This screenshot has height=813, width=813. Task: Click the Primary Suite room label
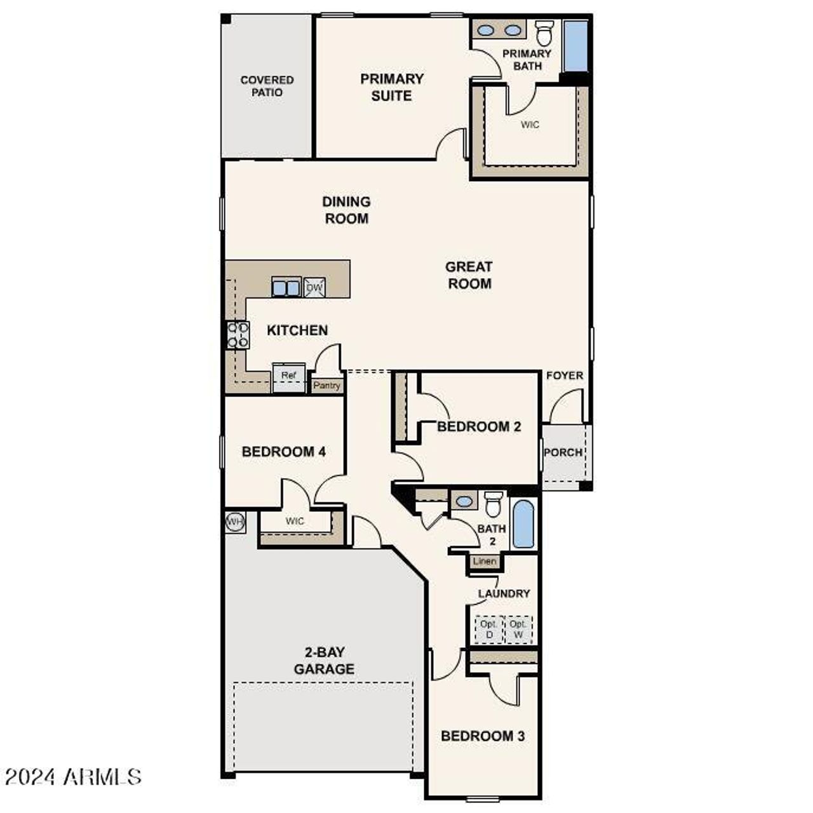point(391,87)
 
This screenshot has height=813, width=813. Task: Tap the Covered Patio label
point(267,86)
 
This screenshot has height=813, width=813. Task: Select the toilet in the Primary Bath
point(544,33)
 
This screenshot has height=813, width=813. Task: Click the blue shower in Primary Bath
point(576,46)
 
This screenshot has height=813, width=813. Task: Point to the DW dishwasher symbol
point(314,288)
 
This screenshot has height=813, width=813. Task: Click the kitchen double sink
point(286,288)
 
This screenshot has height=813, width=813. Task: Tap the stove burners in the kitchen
point(238,335)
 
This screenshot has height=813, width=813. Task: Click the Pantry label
point(327,386)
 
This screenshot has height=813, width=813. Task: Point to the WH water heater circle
point(235,522)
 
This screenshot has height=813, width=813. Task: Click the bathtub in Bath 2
point(523,524)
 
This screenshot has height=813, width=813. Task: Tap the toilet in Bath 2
point(494,504)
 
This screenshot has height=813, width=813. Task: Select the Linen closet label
point(485,561)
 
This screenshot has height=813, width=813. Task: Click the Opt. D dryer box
point(489,629)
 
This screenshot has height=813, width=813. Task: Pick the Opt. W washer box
point(518,629)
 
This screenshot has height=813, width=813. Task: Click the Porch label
point(563,452)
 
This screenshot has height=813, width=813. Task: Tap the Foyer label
point(564,375)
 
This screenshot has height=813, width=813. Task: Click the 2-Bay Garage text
point(324,661)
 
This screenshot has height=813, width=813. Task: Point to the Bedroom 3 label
point(483,736)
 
